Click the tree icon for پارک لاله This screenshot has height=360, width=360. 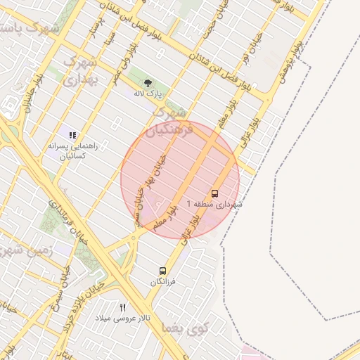[156, 82]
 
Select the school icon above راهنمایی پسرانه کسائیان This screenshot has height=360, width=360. [72, 134]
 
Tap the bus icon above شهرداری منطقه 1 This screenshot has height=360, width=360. [214, 193]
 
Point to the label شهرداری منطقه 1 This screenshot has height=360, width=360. [214, 203]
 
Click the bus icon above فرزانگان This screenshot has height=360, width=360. [163, 271]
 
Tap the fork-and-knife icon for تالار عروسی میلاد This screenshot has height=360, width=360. [123, 307]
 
